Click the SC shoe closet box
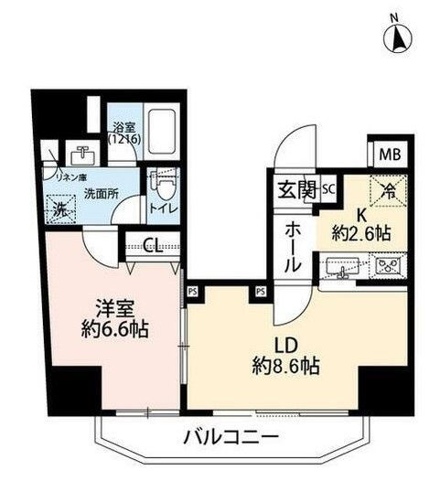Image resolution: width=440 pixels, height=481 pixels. coord(327,190)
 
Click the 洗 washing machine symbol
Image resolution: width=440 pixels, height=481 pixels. coord(59,208)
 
